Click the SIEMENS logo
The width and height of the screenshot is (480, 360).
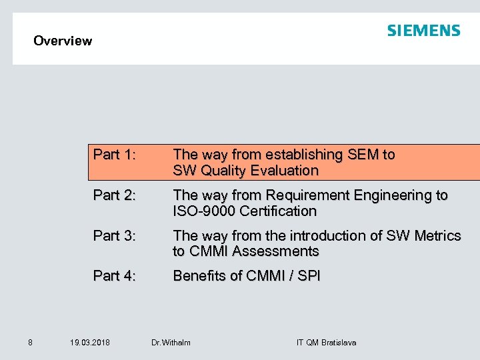(x=423, y=31)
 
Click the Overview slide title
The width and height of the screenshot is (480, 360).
(x=63, y=41)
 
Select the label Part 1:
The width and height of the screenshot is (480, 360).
(x=115, y=155)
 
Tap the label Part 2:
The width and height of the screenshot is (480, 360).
(x=115, y=195)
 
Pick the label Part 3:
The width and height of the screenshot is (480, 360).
(x=115, y=235)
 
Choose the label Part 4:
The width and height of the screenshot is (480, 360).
(x=115, y=275)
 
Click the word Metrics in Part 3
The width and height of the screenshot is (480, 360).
(x=437, y=235)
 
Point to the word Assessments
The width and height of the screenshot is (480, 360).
(x=275, y=251)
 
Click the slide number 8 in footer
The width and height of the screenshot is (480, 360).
(x=30, y=342)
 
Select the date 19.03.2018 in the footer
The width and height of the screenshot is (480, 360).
(x=90, y=343)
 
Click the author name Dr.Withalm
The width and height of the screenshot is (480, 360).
(x=171, y=343)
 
